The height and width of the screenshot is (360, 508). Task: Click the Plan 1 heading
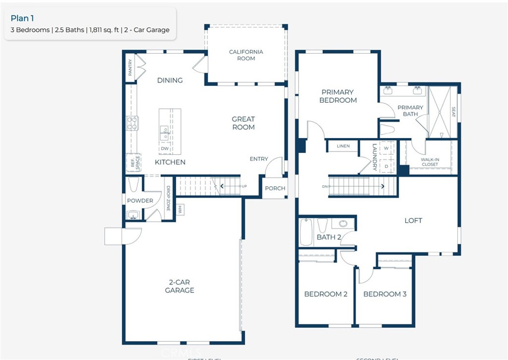pos(22,18)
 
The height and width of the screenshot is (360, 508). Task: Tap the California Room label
pos(246,55)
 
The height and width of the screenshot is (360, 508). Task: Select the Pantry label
pos(130,68)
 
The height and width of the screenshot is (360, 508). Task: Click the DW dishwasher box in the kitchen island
pos(165,148)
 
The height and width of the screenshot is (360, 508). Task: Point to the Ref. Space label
pos(134,163)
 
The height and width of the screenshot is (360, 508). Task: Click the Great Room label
pos(244,123)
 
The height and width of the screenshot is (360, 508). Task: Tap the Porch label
pos(275,188)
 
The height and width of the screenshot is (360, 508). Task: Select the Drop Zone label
pos(168,199)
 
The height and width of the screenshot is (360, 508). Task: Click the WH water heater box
pos(180,210)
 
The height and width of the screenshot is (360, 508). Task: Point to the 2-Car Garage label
pos(180,286)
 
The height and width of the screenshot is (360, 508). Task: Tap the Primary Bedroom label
pos(338,96)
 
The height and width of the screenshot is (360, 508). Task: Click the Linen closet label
pos(343,146)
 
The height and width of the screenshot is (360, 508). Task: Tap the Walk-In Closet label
pos(430,162)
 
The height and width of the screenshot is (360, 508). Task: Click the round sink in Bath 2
pos(343,223)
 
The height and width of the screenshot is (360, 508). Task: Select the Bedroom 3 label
pos(384,294)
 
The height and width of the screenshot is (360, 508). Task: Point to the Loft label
pos(413,220)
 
